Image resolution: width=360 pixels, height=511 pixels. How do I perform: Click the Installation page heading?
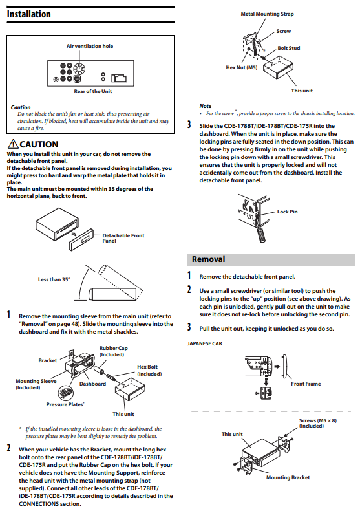click(x=28, y=14)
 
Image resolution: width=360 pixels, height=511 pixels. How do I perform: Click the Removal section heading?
click(x=208, y=259)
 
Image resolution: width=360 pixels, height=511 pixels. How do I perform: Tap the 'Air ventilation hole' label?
click(x=90, y=47)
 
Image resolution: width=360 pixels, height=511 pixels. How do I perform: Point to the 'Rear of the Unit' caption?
click(x=93, y=92)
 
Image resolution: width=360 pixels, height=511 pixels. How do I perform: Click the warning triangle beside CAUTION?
click(x=13, y=144)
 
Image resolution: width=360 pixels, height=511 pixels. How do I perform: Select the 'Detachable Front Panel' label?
click(x=123, y=238)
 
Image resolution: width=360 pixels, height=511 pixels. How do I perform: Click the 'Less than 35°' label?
click(x=54, y=279)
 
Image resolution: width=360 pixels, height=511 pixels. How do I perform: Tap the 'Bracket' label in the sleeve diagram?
click(x=48, y=360)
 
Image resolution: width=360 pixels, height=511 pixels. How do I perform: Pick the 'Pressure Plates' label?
click(x=65, y=404)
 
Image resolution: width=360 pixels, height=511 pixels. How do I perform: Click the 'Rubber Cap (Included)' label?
click(x=114, y=351)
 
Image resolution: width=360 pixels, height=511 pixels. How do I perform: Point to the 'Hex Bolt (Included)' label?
click(x=149, y=371)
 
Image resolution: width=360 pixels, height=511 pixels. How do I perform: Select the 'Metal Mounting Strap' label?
click(x=267, y=14)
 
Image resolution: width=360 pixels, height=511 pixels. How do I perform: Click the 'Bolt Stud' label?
click(x=289, y=49)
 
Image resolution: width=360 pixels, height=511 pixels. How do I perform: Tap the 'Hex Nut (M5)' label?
click(x=242, y=68)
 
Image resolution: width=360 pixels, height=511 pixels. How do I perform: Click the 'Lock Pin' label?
click(x=288, y=212)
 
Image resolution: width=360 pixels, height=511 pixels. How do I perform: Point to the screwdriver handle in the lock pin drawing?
click(x=261, y=235)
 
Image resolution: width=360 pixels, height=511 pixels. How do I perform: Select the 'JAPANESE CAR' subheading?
click(x=205, y=344)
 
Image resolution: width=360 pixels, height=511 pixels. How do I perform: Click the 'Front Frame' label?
click(x=306, y=384)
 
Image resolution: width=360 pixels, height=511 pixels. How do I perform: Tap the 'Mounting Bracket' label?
click(x=288, y=478)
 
